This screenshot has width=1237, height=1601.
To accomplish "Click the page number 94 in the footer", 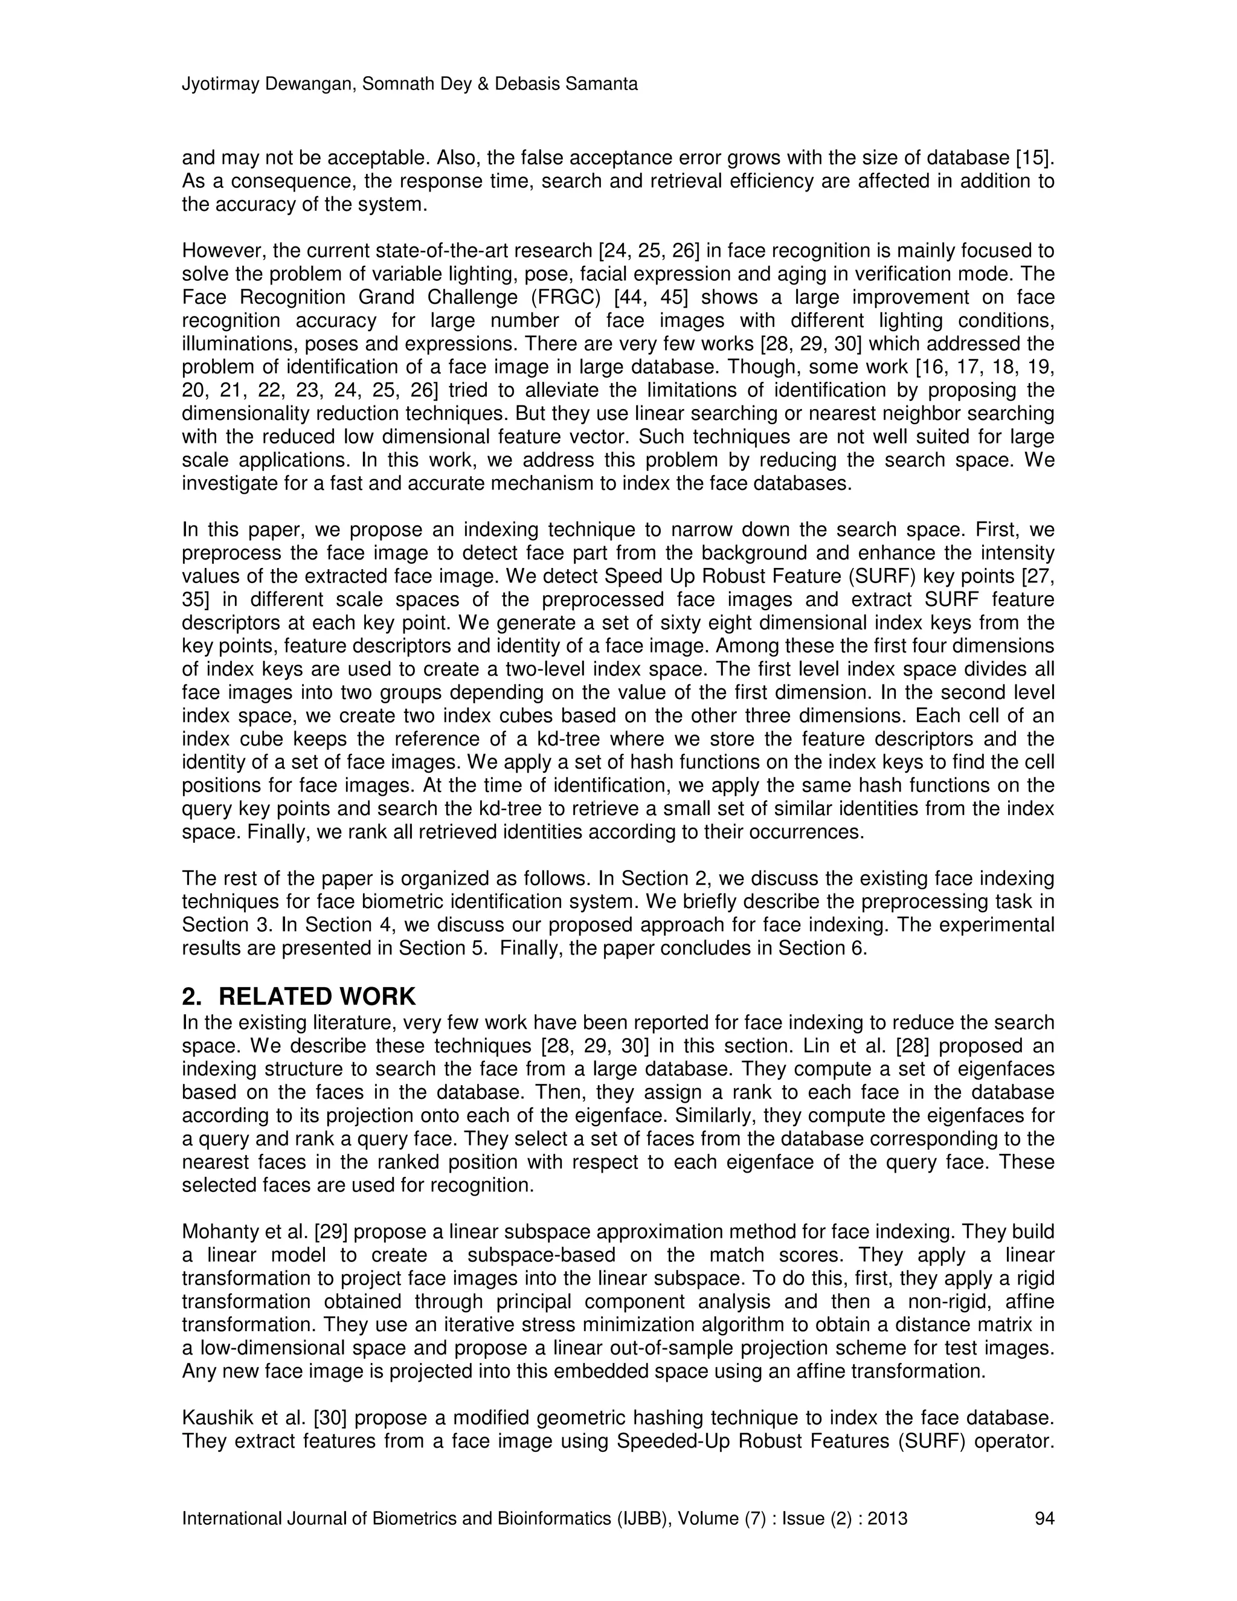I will [1044, 1518].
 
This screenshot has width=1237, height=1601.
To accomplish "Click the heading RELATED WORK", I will [316, 996].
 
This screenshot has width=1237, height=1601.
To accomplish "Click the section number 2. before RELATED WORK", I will [192, 996].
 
